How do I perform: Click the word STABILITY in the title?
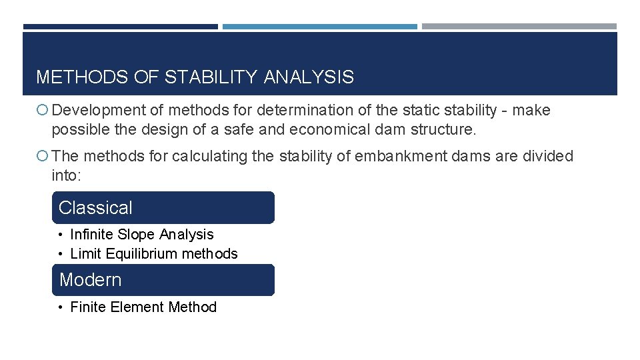tap(210, 77)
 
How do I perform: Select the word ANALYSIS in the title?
tap(309, 77)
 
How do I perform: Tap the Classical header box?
tap(163, 207)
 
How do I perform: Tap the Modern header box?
tap(163, 280)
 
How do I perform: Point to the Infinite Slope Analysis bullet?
tap(141, 235)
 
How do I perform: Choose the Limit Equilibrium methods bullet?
tap(153, 254)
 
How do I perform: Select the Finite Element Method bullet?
tap(143, 307)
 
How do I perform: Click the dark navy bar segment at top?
tap(120, 27)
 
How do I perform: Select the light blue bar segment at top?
tap(319, 27)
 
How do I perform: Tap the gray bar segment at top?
tap(519, 27)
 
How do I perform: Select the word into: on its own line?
tap(65, 175)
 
